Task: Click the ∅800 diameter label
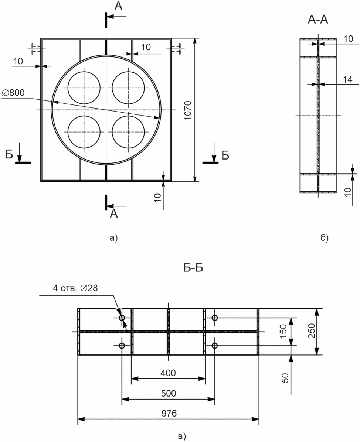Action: (x=13, y=93)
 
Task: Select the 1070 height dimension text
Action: (x=188, y=110)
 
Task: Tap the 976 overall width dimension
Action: (x=169, y=413)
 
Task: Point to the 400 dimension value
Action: (x=168, y=373)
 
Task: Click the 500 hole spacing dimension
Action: (x=169, y=393)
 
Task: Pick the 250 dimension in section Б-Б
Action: (x=311, y=331)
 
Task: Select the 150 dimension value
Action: (x=283, y=331)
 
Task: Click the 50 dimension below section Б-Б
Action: (x=285, y=378)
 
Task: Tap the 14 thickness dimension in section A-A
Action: (x=347, y=79)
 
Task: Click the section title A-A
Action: (x=318, y=20)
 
